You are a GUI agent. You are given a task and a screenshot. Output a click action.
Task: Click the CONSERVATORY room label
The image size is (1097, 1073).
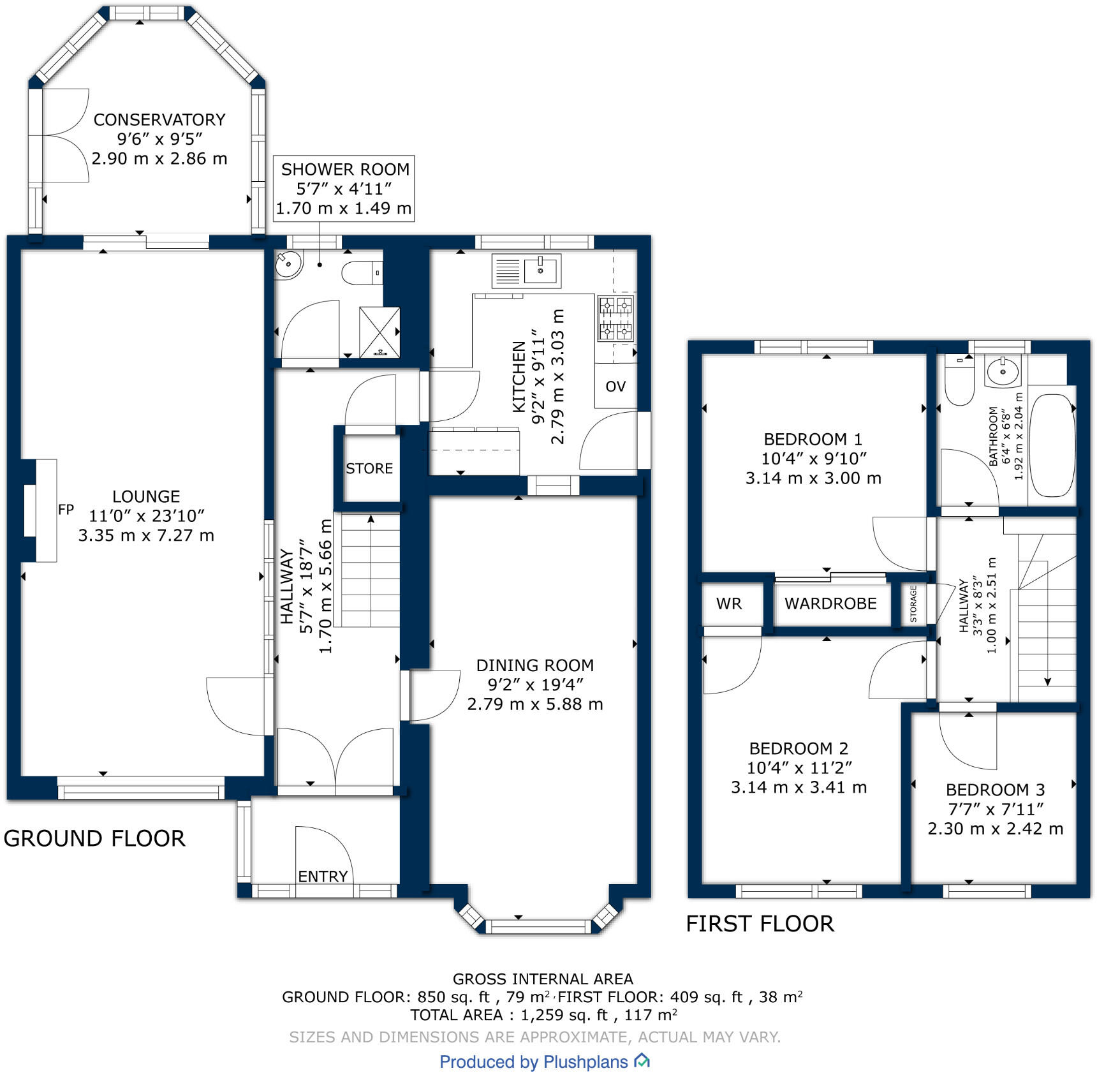(159, 120)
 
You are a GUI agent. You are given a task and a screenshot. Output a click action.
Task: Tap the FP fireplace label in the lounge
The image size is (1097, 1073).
(66, 510)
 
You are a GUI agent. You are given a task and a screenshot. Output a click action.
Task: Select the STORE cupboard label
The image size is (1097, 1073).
(369, 469)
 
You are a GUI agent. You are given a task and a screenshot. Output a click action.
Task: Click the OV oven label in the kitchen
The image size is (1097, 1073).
(615, 387)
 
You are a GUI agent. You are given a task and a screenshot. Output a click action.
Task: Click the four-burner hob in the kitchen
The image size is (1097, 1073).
(615, 318)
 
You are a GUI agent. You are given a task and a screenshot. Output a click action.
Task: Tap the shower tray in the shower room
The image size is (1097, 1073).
(380, 332)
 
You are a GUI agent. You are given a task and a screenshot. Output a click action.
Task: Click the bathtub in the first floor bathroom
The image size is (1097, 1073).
(1052, 445)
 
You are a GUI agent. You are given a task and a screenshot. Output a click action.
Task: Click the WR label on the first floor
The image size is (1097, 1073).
(729, 604)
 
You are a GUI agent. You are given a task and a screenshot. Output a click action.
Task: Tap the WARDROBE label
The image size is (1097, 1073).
(830, 604)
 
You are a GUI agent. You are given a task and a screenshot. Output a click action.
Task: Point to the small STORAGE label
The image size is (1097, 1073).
(913, 604)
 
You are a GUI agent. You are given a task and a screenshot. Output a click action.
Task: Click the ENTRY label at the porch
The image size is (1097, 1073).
(323, 877)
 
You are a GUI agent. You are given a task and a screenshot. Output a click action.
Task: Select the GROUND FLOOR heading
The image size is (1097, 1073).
(94, 838)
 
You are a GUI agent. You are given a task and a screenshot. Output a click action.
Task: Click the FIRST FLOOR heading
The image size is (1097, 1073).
(760, 924)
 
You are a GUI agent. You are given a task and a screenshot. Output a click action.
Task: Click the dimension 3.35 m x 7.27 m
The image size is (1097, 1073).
(146, 535)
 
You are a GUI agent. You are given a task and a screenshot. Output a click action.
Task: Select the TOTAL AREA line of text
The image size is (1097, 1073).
(543, 1015)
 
